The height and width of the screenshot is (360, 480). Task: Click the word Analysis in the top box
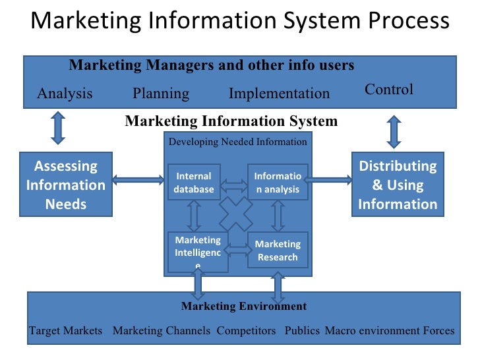click(65, 94)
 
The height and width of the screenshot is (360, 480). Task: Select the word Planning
click(161, 94)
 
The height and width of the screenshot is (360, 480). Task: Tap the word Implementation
click(279, 94)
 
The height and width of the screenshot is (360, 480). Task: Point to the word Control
click(389, 90)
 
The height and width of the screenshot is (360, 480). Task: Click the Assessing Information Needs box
click(65, 185)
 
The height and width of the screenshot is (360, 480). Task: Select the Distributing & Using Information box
click(398, 185)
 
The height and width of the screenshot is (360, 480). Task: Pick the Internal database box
click(194, 183)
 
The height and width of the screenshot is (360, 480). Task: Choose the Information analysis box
click(278, 183)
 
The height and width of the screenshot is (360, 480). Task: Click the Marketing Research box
click(278, 251)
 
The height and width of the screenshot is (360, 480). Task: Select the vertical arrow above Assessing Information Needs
click(58, 128)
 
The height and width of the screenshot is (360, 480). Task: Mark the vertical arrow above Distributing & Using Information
click(394, 131)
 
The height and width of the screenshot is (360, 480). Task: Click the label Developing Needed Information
click(237, 142)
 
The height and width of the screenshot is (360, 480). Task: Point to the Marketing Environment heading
click(244, 306)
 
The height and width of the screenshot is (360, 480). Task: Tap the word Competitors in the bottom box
click(247, 330)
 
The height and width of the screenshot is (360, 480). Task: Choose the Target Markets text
click(65, 330)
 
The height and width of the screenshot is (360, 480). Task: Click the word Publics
click(302, 330)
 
